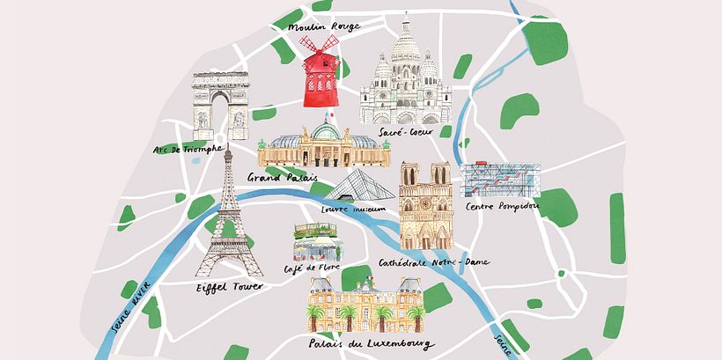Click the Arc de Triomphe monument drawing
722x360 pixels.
pyautogui.click(x=222, y=105)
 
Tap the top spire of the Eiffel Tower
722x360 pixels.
pyautogui.click(x=226, y=154)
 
